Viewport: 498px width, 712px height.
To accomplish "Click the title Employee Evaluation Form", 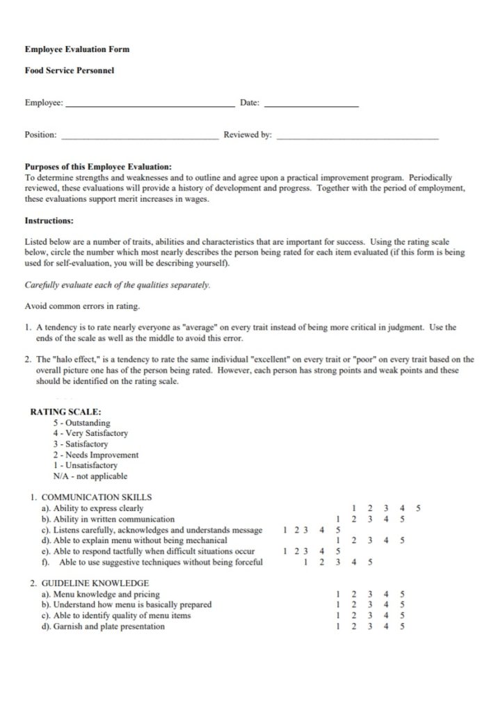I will [x=77, y=49].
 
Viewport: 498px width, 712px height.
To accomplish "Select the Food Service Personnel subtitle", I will [x=69, y=71].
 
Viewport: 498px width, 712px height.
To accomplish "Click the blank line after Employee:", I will [x=150, y=104].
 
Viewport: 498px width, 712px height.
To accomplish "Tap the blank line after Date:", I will [x=312, y=104].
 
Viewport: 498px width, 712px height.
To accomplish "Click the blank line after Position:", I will [x=140, y=136].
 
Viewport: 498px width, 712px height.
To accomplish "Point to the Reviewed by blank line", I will [x=358, y=136].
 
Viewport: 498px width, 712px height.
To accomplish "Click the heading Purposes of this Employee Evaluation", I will [x=97, y=167].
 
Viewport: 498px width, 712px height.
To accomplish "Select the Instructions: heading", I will [x=49, y=220].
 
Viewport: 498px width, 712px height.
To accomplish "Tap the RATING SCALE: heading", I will [x=65, y=412].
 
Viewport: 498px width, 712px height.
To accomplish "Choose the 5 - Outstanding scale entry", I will [x=81, y=423].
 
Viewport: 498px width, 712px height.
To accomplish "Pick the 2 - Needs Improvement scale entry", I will [x=95, y=455].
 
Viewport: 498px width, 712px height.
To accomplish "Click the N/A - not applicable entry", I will [x=90, y=476].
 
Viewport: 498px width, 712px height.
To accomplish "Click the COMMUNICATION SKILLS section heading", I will [x=96, y=497].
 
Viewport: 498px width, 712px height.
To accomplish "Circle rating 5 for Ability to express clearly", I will [x=418, y=508].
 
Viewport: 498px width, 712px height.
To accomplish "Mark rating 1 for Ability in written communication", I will [x=337, y=519].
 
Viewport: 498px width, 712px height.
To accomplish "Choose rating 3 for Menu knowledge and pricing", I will [x=370, y=594].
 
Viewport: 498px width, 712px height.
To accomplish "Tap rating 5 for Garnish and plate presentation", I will [x=403, y=626].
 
